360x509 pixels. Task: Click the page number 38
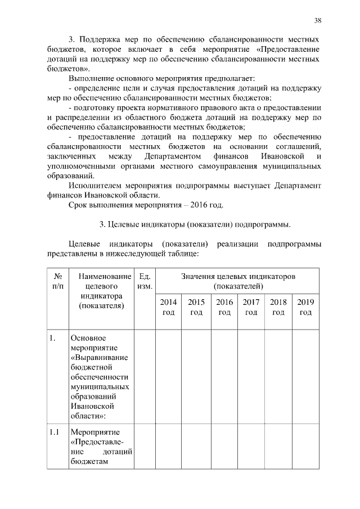[x=318, y=21]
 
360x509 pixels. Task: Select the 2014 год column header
[x=168, y=307]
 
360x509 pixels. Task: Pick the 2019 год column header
[x=305, y=307]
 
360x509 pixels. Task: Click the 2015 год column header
[x=196, y=307]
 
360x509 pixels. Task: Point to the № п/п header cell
[x=57, y=281]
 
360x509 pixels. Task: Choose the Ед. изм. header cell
[x=145, y=281]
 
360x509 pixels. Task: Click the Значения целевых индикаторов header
[x=238, y=281]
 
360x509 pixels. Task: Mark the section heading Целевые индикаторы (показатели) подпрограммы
[x=195, y=225]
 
